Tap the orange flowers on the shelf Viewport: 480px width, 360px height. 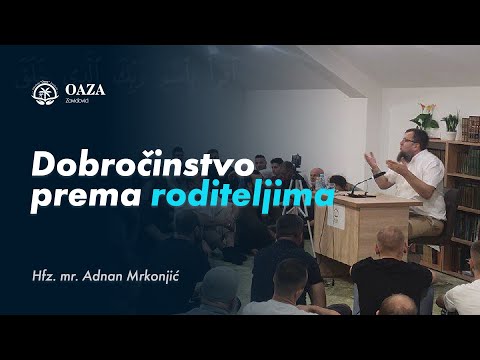pyautogui.click(x=428, y=111)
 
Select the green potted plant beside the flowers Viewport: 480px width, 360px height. pyautogui.click(x=451, y=125)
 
